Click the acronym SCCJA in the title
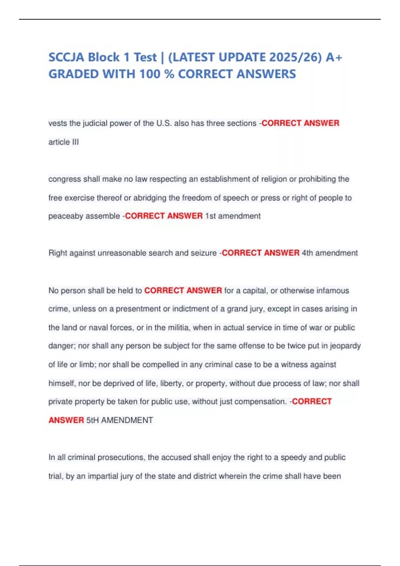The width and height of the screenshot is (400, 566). [x=66, y=57]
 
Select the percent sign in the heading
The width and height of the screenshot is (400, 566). [x=169, y=74]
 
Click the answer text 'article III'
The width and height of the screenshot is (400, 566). [x=64, y=142]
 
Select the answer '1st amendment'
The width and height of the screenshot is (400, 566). [x=233, y=216]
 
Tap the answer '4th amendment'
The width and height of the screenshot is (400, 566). [x=330, y=253]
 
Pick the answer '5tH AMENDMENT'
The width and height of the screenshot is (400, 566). [x=119, y=420]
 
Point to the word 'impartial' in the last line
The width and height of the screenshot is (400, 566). [x=103, y=476]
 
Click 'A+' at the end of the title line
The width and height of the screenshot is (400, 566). [x=334, y=57]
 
